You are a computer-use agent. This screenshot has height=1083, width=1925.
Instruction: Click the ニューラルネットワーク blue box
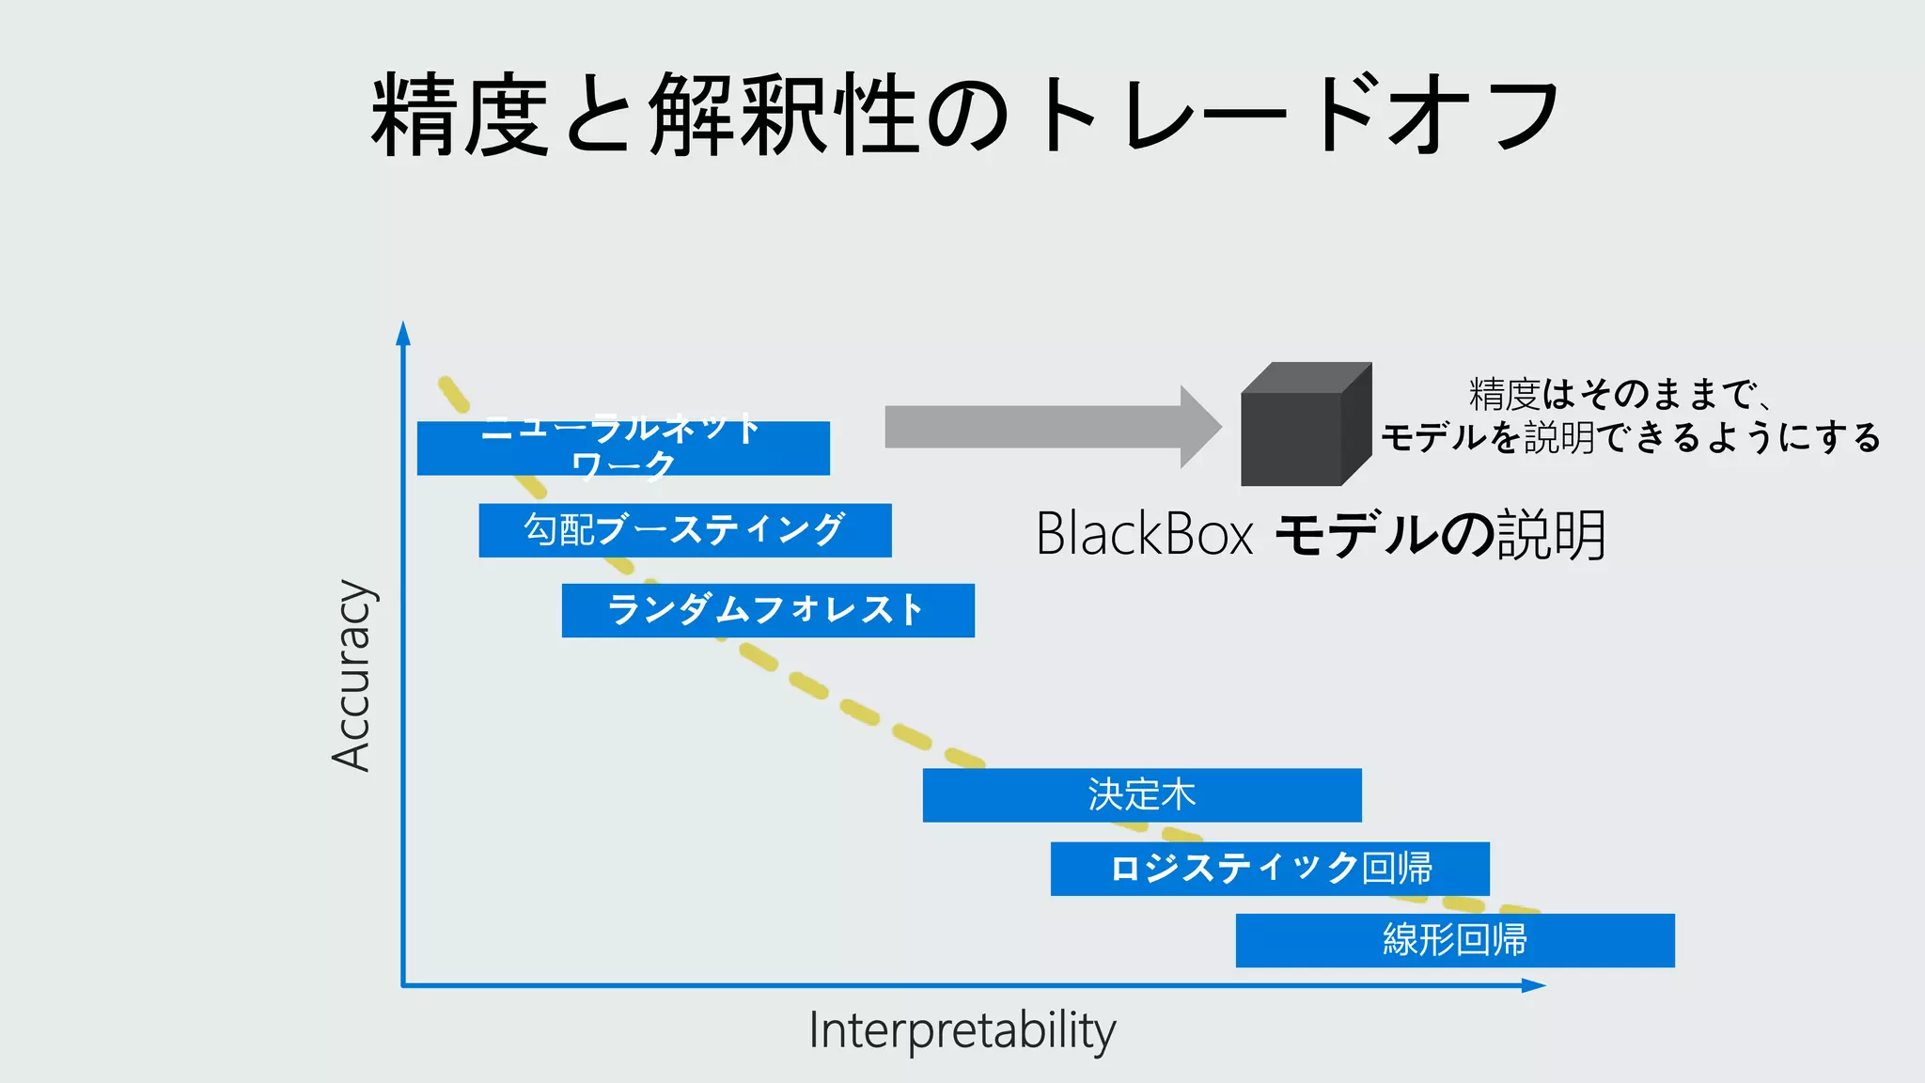623,448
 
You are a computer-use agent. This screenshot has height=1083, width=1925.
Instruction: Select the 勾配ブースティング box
685,530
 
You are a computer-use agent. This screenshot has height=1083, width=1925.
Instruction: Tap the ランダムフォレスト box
768,610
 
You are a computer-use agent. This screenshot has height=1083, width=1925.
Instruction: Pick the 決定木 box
1142,795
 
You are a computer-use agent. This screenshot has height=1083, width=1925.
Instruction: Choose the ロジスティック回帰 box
1270,869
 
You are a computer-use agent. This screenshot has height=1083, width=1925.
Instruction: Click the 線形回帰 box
1455,940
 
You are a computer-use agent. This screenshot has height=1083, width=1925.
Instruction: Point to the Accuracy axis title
352,675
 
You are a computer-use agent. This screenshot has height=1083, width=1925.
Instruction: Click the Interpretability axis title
962,1031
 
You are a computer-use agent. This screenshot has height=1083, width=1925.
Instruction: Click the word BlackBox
1144,534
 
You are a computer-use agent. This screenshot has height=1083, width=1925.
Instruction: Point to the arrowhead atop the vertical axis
403,334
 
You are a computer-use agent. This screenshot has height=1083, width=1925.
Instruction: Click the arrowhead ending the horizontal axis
1533,985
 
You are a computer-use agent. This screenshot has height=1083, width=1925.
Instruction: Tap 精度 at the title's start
459,115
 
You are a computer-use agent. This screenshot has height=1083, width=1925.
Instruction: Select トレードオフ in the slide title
1297,115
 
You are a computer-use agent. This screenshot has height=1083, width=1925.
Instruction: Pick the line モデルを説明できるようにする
1631,437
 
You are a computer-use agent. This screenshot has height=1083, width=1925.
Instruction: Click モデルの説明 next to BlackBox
1439,534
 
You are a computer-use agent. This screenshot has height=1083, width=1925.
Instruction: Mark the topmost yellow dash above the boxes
453,395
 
